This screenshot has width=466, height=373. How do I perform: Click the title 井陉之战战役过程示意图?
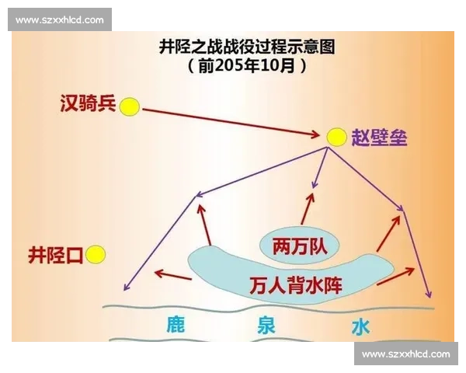(x=246, y=48)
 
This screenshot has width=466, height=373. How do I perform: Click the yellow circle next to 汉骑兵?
(x=130, y=104)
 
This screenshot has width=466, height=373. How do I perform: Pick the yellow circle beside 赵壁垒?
(x=336, y=138)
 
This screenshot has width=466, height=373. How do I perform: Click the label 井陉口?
(x=55, y=254)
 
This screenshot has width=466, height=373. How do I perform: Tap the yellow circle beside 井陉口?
(x=96, y=253)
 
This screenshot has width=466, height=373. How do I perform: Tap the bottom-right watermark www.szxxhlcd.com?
(x=406, y=354)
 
